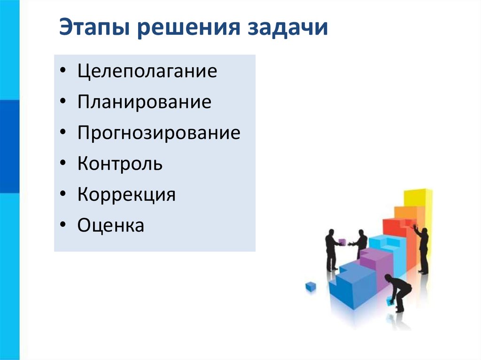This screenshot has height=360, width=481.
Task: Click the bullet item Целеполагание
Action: click(147, 71)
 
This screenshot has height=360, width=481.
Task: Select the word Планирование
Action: click(145, 102)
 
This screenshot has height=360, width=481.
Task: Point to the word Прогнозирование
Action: click(159, 133)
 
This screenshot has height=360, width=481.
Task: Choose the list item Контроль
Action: click(120, 164)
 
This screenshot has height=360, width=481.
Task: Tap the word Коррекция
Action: click(126, 194)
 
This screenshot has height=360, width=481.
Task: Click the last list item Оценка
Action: click(111, 225)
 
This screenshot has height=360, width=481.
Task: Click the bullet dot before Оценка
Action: click(63, 226)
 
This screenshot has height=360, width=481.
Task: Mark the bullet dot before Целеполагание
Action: click(63, 72)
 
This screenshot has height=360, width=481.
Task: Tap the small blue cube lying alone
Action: click(310, 286)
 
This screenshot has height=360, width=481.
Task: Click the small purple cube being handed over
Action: click(342, 242)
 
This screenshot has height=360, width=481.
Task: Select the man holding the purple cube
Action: click(331, 249)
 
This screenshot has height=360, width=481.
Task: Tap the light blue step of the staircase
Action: click(385, 249)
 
